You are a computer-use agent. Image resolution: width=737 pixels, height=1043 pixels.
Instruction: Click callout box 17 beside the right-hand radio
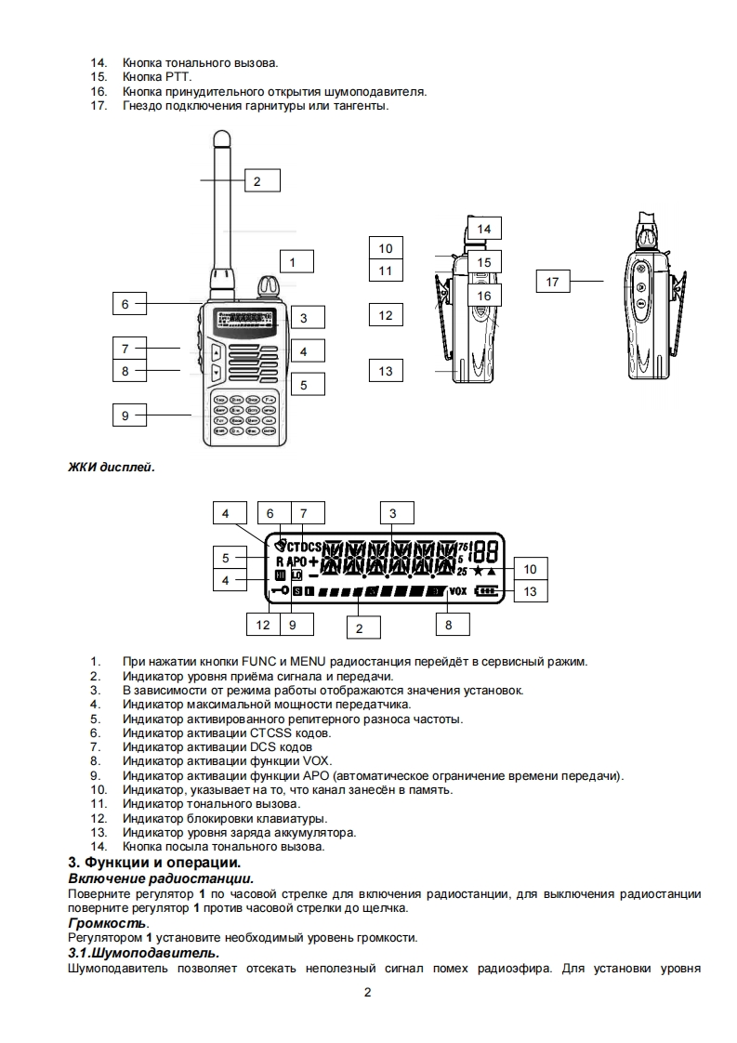tap(553, 282)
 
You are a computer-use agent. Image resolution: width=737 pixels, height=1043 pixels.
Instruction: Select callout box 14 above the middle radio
tap(483, 229)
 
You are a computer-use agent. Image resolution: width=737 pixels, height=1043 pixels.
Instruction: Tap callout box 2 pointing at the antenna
tap(257, 181)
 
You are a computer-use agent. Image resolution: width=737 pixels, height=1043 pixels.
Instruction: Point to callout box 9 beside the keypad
tap(126, 416)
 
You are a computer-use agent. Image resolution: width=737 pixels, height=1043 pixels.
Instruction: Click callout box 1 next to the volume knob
tap(293, 263)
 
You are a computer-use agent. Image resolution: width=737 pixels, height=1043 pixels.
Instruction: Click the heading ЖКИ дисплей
tap(108, 467)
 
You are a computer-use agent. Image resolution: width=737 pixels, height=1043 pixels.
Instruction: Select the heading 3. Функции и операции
tap(155, 865)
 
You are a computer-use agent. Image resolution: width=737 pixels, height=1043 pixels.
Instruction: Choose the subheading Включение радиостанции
tap(161, 878)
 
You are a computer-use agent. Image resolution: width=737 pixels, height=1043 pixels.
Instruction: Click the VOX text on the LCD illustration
tap(458, 590)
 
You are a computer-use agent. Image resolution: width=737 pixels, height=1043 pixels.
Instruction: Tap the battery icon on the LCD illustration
tap(485, 590)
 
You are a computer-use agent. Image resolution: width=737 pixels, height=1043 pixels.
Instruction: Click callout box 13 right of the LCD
tap(531, 591)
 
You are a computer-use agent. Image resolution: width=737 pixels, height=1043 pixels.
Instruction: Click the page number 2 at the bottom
tap(368, 992)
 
